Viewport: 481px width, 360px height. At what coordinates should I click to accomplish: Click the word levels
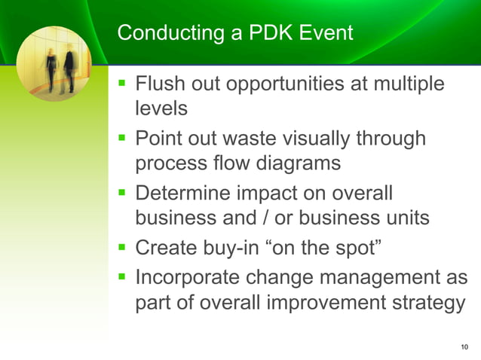click(x=161, y=108)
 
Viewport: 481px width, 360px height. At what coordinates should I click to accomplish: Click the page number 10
click(x=463, y=346)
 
